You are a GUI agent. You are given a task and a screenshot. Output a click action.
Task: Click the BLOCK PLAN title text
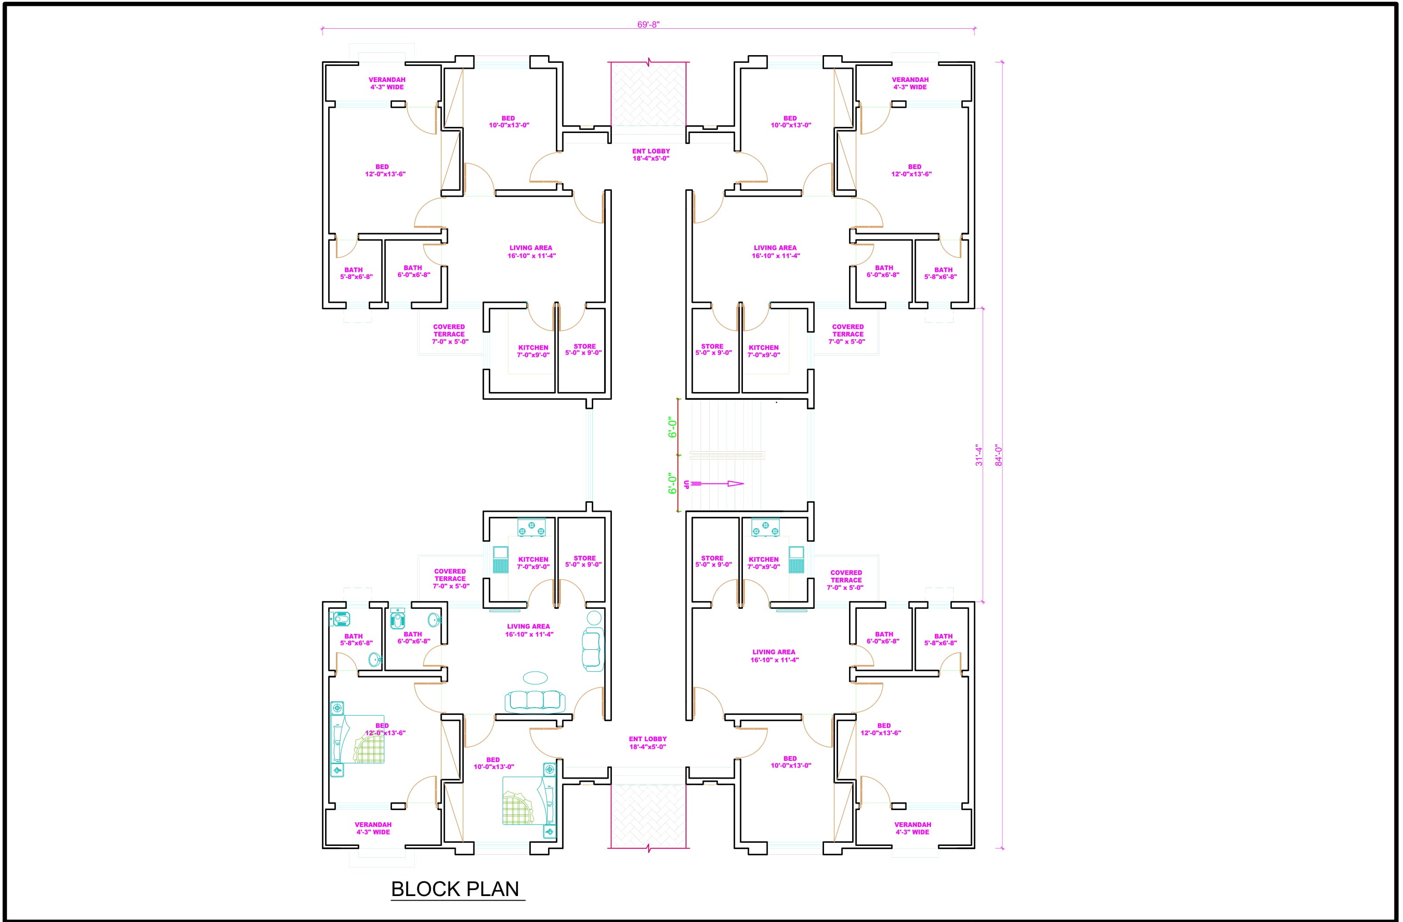pyautogui.click(x=455, y=889)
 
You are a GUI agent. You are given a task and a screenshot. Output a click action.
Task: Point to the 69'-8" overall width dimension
pyautogui.click(x=648, y=25)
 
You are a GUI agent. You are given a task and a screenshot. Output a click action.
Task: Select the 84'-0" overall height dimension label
pyautogui.click(x=999, y=456)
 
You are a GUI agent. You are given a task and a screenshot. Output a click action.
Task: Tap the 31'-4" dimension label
pyautogui.click(x=979, y=456)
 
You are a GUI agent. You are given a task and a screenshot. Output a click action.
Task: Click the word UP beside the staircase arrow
pyautogui.click(x=686, y=484)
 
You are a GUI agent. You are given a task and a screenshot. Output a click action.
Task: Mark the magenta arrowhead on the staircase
pyautogui.click(x=736, y=484)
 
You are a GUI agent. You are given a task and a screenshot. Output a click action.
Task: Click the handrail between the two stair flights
pyautogui.click(x=727, y=454)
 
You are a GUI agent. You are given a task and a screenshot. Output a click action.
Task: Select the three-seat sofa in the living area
pyautogui.click(x=535, y=701)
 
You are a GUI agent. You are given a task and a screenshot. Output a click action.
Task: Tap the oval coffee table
pyautogui.click(x=535, y=678)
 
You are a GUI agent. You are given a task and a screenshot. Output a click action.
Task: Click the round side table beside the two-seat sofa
pyautogui.click(x=594, y=618)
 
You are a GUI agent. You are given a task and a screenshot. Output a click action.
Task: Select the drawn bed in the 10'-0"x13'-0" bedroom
pyautogui.click(x=529, y=800)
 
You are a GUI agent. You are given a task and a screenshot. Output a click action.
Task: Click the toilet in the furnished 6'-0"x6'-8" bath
pyautogui.click(x=398, y=619)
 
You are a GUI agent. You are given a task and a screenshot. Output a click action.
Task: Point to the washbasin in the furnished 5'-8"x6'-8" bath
pyautogui.click(x=374, y=660)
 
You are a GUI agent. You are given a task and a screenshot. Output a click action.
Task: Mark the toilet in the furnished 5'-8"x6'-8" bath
pyautogui.click(x=340, y=619)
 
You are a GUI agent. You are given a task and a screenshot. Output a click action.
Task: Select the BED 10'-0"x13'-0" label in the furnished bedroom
pyautogui.click(x=493, y=764)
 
